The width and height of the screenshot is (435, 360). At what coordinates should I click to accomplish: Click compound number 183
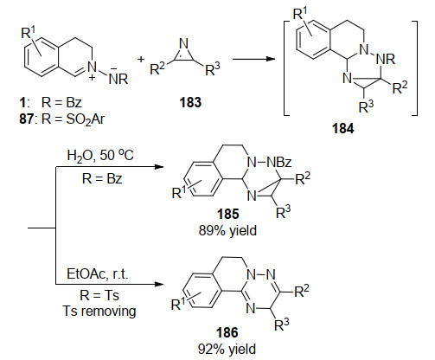point(190,102)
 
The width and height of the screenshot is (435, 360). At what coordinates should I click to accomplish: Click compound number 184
point(342,128)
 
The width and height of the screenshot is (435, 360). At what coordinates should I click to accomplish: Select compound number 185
point(227,214)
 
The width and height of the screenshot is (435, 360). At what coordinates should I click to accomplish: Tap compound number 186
point(227,332)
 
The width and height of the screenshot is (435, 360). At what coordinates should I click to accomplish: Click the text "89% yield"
point(227,231)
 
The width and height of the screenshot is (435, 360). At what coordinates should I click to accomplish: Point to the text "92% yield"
point(227,349)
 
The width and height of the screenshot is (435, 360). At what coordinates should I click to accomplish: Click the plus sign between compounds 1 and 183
point(141,60)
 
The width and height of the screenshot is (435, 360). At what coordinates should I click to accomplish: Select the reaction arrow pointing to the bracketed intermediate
point(253,59)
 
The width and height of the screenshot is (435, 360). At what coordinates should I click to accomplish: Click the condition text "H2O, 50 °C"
point(100,156)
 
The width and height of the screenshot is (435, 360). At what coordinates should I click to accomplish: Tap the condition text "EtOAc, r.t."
point(97,273)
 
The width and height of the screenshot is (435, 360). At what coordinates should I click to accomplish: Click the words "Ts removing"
point(99,312)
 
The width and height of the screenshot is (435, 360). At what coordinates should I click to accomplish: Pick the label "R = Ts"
point(99,295)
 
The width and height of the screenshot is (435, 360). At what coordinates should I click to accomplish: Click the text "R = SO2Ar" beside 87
point(73,119)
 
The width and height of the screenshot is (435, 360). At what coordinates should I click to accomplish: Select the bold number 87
point(27,119)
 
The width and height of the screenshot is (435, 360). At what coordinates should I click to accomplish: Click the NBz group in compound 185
point(279,163)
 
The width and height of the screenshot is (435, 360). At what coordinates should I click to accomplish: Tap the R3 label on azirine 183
point(213,68)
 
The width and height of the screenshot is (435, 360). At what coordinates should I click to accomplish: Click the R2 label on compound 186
point(302,291)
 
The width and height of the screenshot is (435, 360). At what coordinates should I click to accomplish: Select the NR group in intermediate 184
point(386,60)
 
